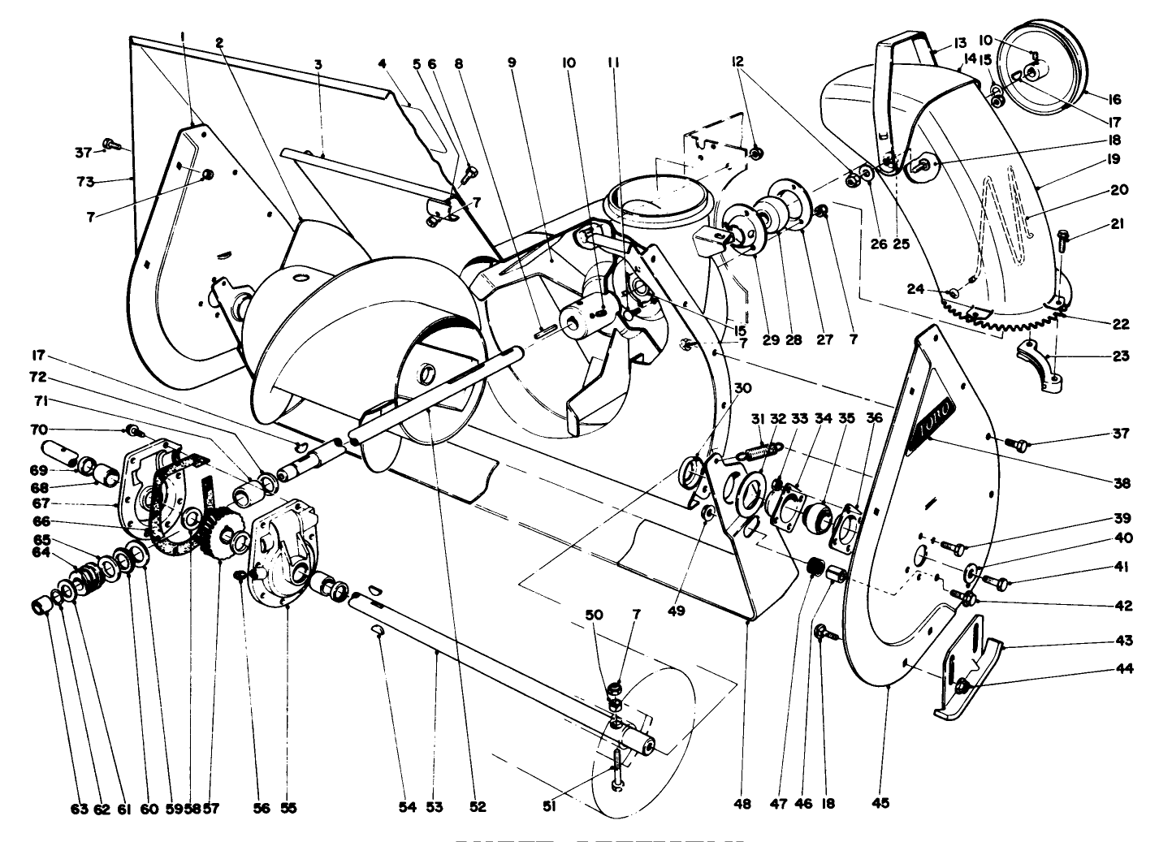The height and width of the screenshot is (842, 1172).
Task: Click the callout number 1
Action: tap(184, 37)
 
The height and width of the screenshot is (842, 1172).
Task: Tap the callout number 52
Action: tap(478, 807)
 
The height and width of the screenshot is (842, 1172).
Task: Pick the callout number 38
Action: tap(1122, 483)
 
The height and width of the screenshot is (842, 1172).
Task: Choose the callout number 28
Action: tap(794, 340)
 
